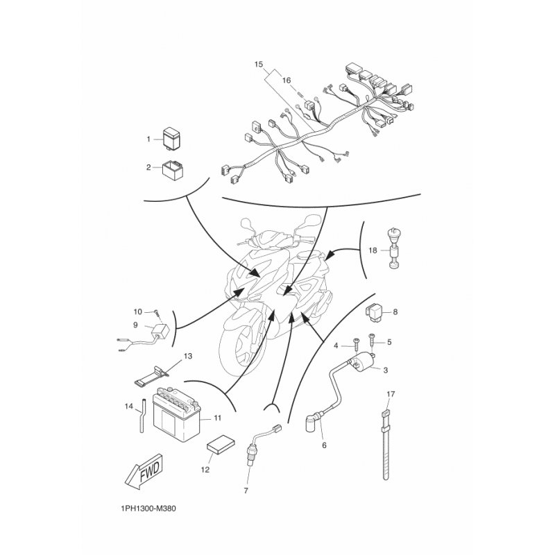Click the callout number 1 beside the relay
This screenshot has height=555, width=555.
tap(148, 139)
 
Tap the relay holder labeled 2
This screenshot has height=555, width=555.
tap(172, 170)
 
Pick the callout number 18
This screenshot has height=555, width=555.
tap(373, 250)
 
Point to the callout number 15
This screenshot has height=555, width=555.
tap(259, 65)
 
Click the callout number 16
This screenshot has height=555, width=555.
tap(287, 80)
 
